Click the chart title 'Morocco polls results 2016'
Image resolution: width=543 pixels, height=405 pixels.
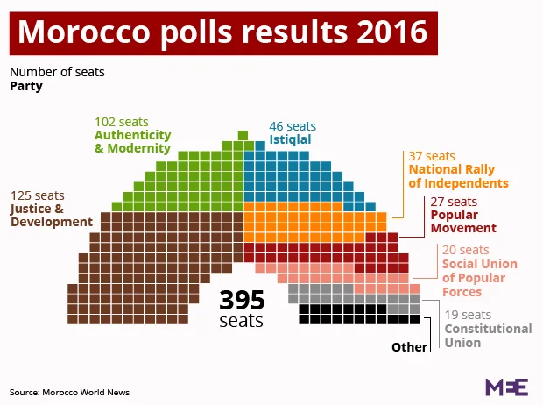point(222,32)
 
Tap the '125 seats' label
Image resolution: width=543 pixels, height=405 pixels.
point(38,195)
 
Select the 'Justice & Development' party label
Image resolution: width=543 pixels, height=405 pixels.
point(51,215)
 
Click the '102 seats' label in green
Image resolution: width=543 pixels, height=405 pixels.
point(122,121)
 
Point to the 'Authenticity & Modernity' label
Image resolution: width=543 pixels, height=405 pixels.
point(132,141)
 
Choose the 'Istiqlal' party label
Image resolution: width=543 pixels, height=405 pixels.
point(290,139)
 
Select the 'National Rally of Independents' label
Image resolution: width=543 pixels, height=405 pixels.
point(458,176)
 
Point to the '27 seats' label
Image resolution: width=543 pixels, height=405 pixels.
point(454,202)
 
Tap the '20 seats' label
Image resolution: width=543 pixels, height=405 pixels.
point(465,250)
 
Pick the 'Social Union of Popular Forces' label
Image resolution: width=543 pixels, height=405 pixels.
point(479,278)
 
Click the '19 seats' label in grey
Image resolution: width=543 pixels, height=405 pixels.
point(468,315)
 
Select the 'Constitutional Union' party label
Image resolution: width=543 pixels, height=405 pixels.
point(488,336)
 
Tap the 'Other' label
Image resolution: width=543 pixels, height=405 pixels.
point(409,347)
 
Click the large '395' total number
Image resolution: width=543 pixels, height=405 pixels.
point(242,300)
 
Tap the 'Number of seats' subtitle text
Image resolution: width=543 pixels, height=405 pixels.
point(57,72)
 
